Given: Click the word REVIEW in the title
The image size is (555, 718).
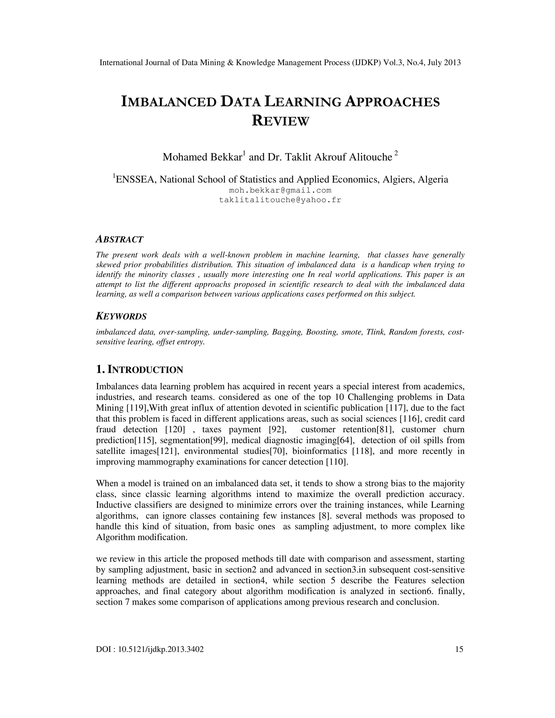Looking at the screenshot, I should coord(280,121).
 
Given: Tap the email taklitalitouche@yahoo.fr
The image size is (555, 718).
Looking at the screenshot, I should coord(280,200).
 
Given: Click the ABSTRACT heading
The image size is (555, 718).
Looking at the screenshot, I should coord(119,239).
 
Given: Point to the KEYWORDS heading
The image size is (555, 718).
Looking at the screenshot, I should coord(121,316).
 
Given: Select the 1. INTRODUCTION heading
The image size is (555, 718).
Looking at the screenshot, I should coord(139,370).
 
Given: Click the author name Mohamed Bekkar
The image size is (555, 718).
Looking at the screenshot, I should coord(202,157).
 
